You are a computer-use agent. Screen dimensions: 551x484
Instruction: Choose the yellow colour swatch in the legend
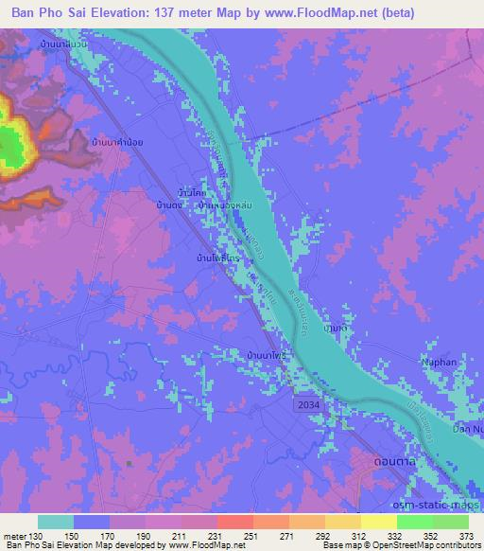click(378, 522)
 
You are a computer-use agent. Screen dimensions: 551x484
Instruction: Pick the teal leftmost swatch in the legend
click(56, 522)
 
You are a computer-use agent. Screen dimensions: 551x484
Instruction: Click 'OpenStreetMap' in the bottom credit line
click(421, 546)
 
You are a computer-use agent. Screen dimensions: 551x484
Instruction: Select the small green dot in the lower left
click(130, 463)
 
